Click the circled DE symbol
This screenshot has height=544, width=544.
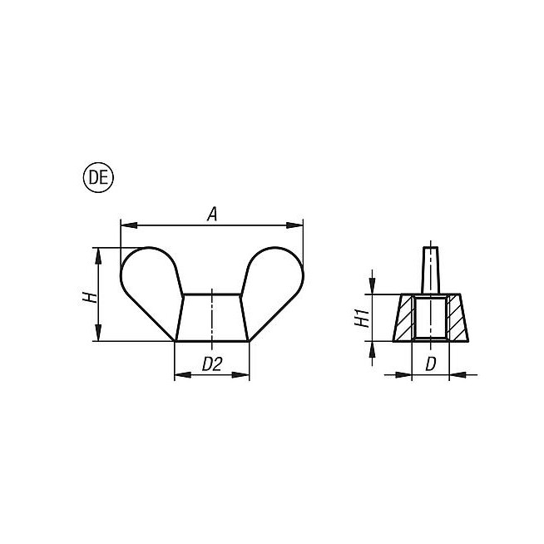(98, 178)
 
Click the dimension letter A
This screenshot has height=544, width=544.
(212, 214)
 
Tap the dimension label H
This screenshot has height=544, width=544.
(89, 297)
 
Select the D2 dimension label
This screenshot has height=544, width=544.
(211, 364)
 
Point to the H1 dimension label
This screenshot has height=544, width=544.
(362, 318)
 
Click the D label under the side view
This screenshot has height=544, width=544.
(430, 364)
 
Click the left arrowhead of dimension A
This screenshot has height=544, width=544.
(129, 225)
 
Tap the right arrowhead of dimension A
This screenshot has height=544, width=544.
(294, 225)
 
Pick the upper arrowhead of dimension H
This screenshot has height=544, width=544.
(98, 256)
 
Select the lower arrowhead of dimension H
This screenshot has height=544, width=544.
(98, 333)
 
